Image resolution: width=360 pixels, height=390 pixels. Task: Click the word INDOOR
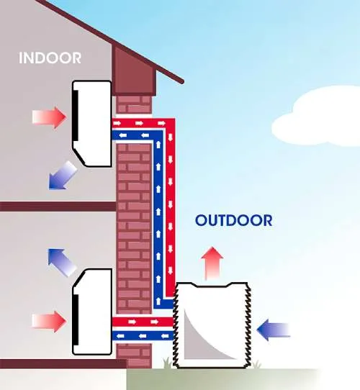[50, 58]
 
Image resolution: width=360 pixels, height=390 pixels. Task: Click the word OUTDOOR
[233, 220]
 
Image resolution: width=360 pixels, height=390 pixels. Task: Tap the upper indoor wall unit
[91, 124]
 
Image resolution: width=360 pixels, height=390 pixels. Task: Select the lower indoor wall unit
[91, 312]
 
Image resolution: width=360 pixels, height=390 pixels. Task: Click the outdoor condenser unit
[212, 325]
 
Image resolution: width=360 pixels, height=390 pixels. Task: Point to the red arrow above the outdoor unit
[212, 263]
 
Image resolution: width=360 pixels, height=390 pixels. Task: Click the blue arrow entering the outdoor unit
[274, 330]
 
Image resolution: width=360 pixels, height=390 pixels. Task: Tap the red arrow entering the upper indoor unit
[49, 117]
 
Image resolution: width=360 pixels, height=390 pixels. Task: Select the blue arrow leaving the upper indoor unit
[62, 176]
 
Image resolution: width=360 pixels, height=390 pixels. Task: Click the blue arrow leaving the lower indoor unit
[62, 263]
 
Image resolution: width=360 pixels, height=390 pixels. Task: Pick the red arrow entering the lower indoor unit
[49, 322]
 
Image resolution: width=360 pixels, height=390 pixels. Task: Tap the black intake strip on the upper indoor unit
[75, 115]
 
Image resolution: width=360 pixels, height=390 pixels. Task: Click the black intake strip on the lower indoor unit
[75, 319]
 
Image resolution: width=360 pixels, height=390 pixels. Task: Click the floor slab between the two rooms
[58, 207]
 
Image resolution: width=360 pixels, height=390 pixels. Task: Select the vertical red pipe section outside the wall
[171, 208]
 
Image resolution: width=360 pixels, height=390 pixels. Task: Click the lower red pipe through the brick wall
[143, 322]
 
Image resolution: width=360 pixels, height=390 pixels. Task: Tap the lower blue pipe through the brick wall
[143, 336]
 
